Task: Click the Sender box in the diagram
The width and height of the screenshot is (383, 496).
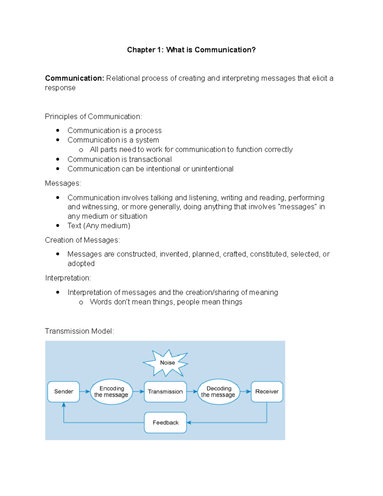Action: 64,392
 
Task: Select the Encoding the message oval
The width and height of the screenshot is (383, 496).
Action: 111,392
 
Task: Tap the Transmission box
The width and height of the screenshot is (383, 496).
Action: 165,392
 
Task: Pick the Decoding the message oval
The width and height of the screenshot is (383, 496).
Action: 219,392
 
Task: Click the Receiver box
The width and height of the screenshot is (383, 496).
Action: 267,392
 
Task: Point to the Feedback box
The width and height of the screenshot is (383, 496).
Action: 165,423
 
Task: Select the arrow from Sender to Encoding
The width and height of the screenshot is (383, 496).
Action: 85,392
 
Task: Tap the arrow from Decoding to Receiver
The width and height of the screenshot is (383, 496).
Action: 245,392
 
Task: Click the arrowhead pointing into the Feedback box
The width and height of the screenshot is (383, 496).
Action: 189,423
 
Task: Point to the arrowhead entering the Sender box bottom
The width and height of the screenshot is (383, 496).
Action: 64,405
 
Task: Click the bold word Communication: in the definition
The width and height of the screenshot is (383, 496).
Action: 74,78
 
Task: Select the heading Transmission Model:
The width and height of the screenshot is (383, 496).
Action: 79,331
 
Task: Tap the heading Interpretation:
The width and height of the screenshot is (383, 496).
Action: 68,278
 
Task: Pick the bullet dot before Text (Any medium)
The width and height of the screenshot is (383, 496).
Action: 58,225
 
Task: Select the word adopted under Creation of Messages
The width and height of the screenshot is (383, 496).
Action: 81,264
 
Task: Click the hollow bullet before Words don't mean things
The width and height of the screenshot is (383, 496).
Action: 81,302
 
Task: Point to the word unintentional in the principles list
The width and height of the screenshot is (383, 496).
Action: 212,169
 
